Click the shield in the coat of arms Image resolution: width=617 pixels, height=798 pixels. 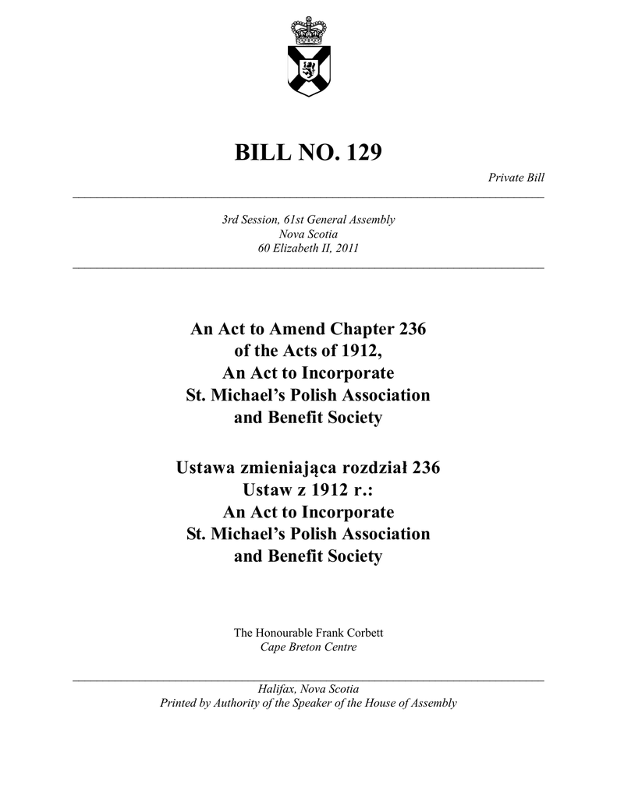coord(308,70)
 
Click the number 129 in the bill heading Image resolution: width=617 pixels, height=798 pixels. coord(360,152)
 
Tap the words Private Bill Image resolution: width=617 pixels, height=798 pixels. coord(516,178)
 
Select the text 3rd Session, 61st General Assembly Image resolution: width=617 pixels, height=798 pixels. coord(308,220)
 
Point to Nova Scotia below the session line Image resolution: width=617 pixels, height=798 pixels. coord(308,234)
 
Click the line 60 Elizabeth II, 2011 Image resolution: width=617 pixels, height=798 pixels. coord(308,249)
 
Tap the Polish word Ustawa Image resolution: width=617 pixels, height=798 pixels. coord(209,468)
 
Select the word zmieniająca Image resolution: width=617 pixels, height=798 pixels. coord(296,468)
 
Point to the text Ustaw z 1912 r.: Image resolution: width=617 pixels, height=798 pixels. coord(308,490)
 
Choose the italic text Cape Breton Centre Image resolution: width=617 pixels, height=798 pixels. coord(308,647)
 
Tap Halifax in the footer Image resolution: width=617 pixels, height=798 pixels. coord(276,689)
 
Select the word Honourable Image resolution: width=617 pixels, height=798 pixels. coord(284,632)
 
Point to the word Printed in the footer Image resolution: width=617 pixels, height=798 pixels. coord(179,703)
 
